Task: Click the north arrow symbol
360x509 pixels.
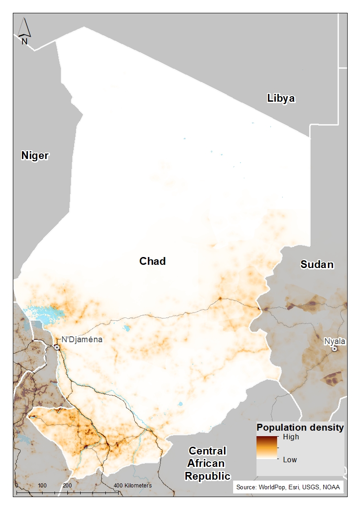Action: click(x=24, y=30)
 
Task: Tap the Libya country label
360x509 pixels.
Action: click(x=281, y=98)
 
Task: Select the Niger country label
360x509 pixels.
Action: click(x=35, y=156)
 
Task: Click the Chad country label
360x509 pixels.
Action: click(x=152, y=261)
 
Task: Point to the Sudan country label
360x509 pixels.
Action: click(x=317, y=264)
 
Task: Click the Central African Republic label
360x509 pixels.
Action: click(x=207, y=463)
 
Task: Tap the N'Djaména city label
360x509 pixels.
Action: click(x=82, y=339)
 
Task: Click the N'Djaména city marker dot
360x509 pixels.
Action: click(x=57, y=348)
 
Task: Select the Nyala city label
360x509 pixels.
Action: click(x=334, y=341)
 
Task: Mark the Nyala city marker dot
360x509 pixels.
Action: click(x=335, y=349)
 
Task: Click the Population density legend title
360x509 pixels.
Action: click(x=300, y=427)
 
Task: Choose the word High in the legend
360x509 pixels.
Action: click(x=291, y=437)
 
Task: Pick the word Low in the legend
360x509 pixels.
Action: click(x=289, y=460)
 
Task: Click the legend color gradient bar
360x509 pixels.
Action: click(x=267, y=448)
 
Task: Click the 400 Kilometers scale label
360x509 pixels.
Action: click(x=132, y=485)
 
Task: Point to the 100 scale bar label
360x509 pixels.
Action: click(x=42, y=485)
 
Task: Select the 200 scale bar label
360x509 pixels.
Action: click(x=67, y=485)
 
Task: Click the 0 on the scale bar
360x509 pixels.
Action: click(x=16, y=485)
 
